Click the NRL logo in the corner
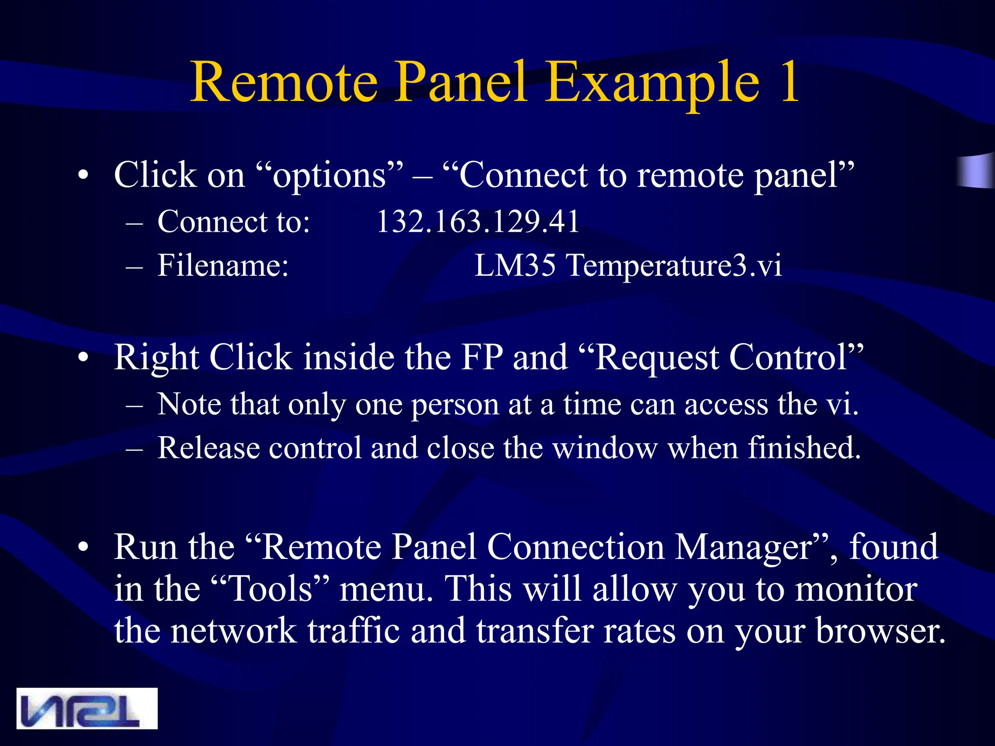click(x=86, y=708)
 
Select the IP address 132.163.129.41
click(x=478, y=222)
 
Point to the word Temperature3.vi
click(x=674, y=266)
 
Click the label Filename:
click(x=223, y=266)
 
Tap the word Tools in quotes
click(x=270, y=589)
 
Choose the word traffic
click(x=354, y=631)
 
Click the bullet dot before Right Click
click(x=84, y=357)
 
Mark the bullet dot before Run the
click(x=84, y=547)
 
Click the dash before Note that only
click(x=134, y=405)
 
